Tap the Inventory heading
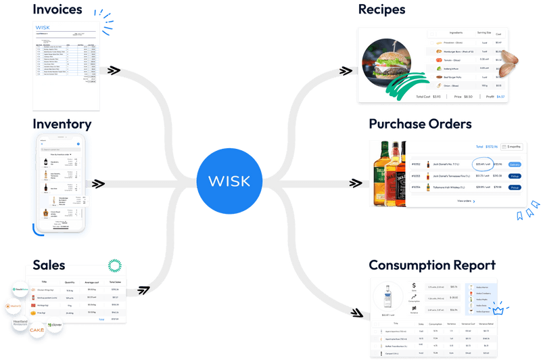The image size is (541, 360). click(x=62, y=124)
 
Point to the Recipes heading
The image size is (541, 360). click(x=381, y=9)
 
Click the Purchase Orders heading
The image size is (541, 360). click(x=420, y=125)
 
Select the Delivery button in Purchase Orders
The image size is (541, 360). click(x=514, y=164)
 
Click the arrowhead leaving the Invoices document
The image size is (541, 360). click(x=113, y=70)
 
